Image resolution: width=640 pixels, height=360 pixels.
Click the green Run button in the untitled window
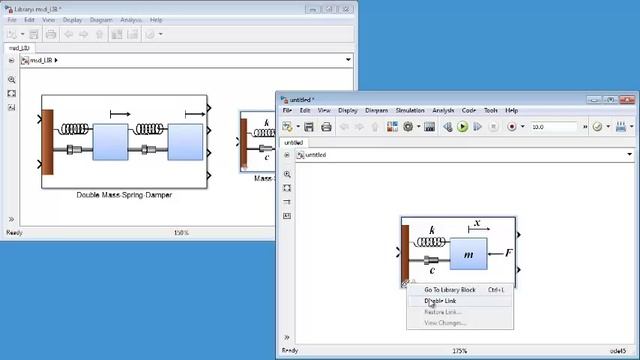click(x=463, y=127)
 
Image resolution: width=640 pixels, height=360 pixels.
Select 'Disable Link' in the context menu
click(x=441, y=301)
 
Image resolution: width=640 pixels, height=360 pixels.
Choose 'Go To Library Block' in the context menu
click(x=447, y=290)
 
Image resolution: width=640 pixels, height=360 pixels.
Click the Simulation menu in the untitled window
click(x=410, y=110)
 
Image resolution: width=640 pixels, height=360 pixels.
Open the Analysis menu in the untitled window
click(x=443, y=110)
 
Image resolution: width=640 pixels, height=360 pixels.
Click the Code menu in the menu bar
click(x=469, y=110)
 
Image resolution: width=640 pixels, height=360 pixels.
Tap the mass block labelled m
click(x=468, y=255)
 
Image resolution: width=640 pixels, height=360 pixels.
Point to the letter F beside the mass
click(x=508, y=253)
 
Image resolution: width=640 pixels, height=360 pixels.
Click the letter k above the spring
click(x=432, y=231)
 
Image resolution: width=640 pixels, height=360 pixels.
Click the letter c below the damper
click(x=432, y=269)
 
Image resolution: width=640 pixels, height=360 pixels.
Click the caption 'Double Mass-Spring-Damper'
click(x=124, y=195)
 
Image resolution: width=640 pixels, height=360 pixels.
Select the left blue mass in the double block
click(x=111, y=142)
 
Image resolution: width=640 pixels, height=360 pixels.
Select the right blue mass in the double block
click(x=185, y=142)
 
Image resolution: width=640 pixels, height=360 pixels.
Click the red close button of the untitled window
click(x=629, y=99)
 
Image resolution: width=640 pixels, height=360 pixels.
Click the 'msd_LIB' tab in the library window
click(x=20, y=47)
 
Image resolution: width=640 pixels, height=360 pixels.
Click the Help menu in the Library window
click(x=156, y=19)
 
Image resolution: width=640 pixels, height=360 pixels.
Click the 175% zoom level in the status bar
click(x=460, y=351)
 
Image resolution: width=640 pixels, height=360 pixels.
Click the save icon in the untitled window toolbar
click(x=309, y=127)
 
